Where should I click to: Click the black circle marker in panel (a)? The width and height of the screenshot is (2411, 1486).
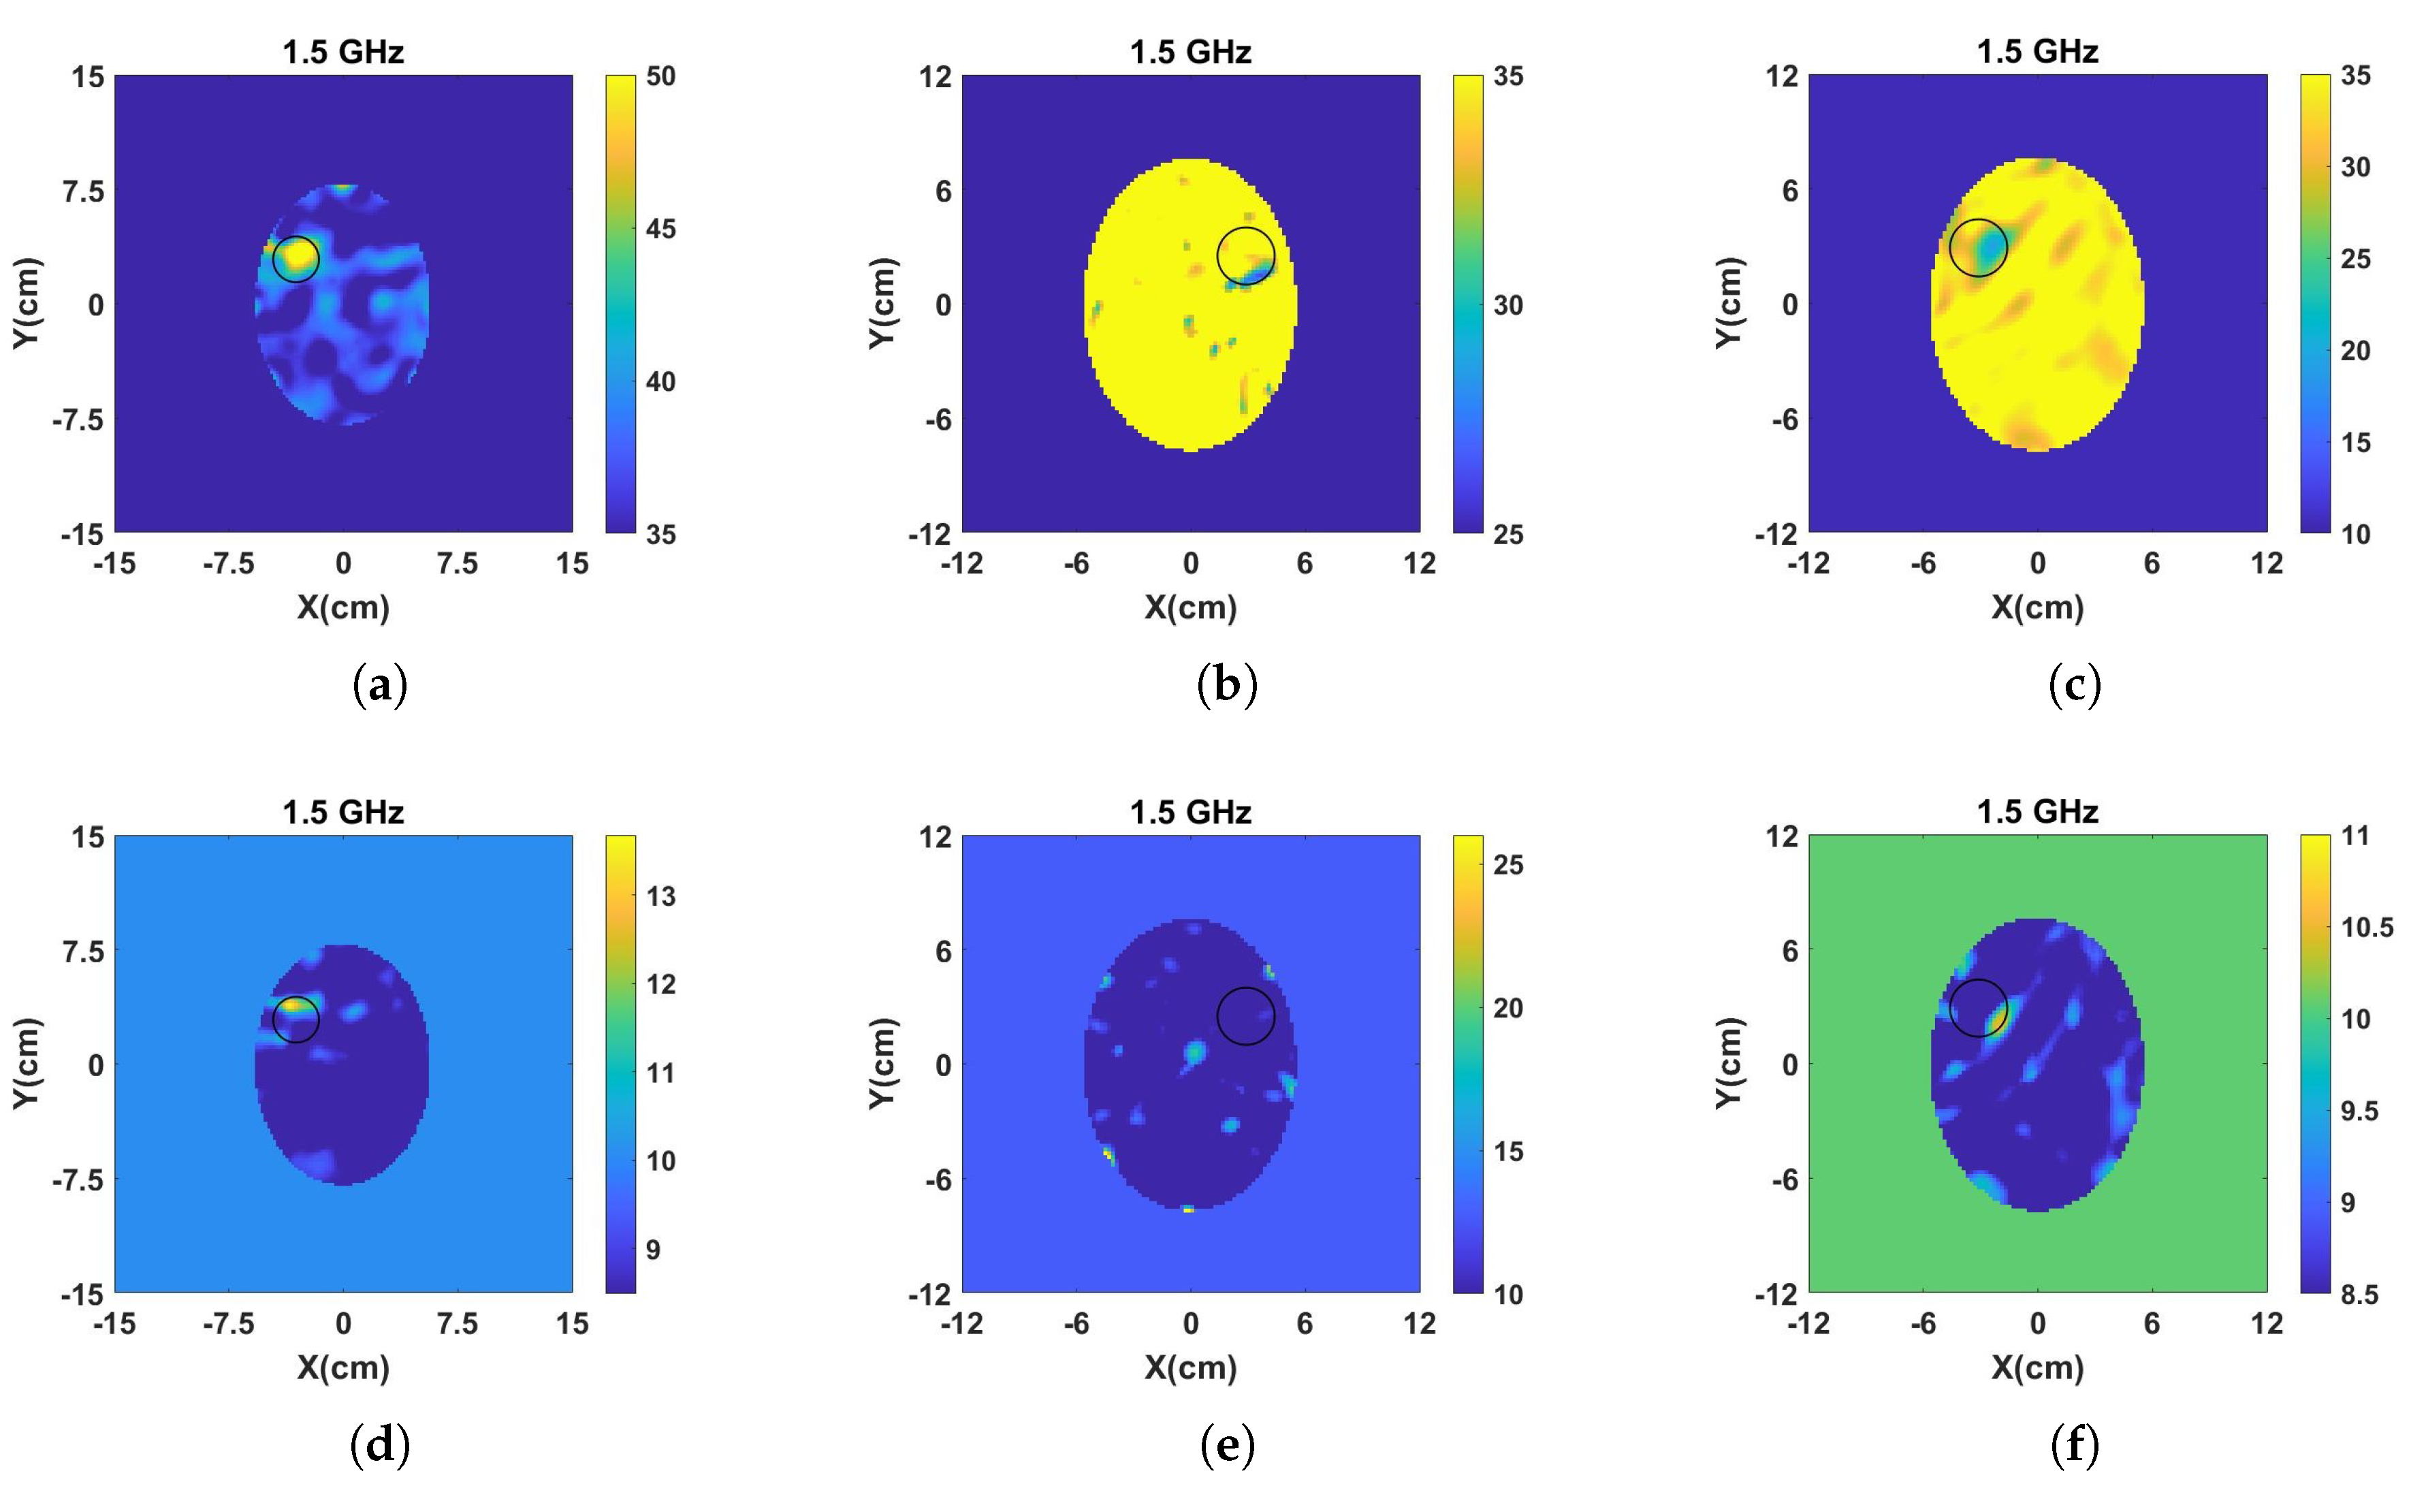296,259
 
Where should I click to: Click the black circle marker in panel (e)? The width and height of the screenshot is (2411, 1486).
1246,1015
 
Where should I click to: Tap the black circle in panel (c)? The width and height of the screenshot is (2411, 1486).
1978,248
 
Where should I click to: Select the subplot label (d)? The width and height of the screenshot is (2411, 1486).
379,1446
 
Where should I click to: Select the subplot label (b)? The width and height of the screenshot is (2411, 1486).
1227,685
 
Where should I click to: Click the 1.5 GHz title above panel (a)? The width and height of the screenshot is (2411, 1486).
343,52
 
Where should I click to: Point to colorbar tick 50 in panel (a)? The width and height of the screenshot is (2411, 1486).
660,77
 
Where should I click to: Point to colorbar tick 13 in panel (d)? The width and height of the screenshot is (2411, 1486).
660,896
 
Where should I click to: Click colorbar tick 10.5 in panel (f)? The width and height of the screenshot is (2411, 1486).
2367,928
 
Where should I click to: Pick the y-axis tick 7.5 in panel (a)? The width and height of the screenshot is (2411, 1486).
84,191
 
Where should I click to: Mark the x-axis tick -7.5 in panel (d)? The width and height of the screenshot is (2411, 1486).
228,1324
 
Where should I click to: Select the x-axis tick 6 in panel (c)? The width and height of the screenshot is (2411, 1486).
2152,564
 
